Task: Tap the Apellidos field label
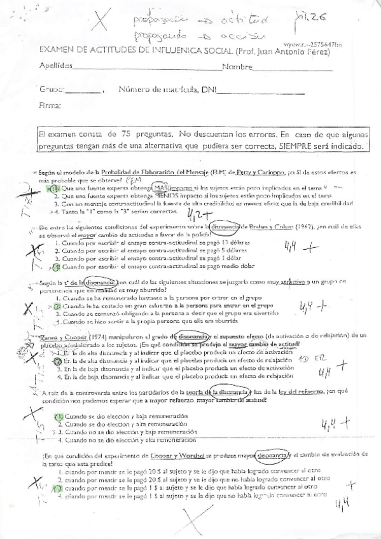(x=55, y=66)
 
